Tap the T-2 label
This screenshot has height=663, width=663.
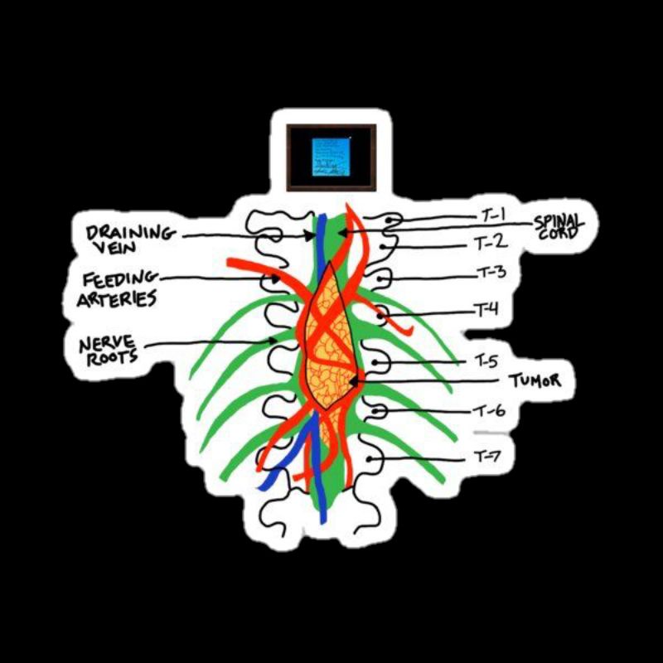point(490,243)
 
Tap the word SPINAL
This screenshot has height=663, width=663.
point(559,220)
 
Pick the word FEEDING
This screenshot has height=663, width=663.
point(113,279)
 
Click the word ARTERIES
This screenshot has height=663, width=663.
point(116,298)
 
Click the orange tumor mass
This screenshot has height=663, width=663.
point(330,348)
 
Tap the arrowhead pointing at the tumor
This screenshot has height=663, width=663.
point(355,380)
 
